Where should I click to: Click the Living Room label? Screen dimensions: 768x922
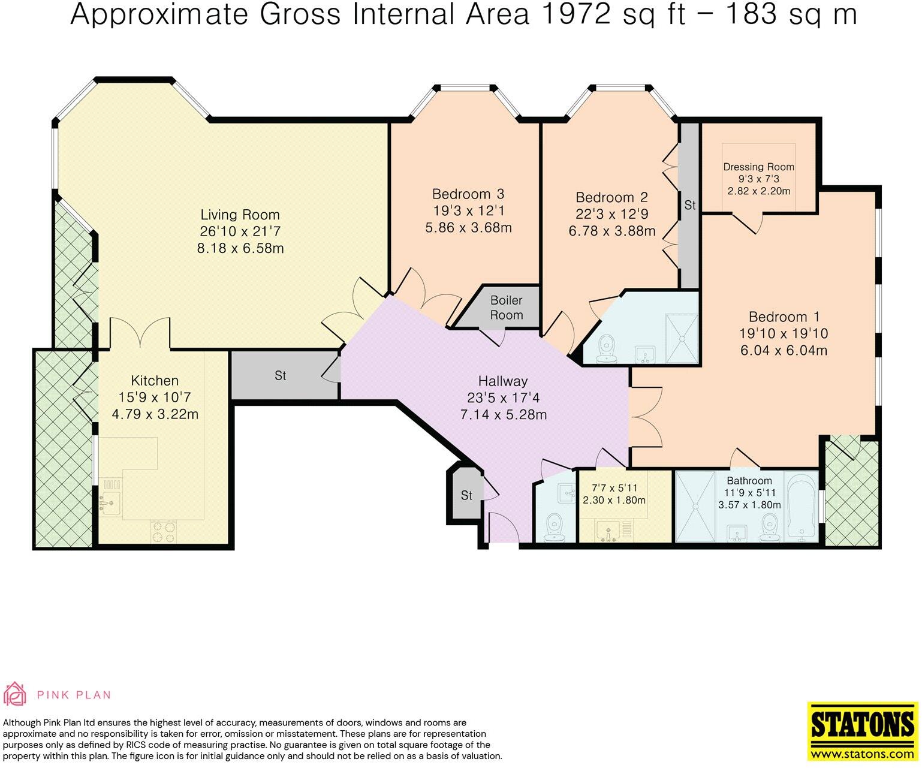point(240,215)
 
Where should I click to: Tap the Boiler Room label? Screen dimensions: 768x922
point(507,308)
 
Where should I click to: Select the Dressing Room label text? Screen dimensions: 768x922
point(758,167)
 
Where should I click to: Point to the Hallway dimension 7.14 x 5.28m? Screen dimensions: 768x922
point(503,414)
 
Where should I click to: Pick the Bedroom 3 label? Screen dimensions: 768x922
point(468,194)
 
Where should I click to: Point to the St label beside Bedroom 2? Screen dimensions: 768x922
point(689,205)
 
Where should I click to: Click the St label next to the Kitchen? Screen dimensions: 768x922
point(280,376)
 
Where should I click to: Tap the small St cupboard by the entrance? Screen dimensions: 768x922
point(466,495)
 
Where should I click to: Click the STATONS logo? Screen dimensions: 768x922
point(862,730)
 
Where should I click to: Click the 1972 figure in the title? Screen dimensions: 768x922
point(578,14)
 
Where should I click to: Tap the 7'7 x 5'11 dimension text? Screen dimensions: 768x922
point(614,489)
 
